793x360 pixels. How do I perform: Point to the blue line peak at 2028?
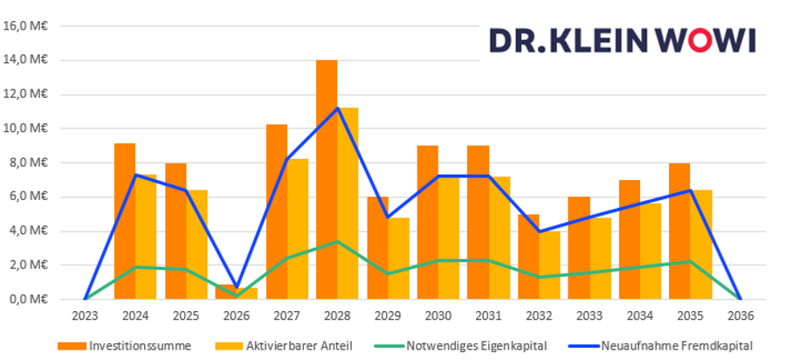(x=337, y=108)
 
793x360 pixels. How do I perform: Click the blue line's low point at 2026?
(x=237, y=287)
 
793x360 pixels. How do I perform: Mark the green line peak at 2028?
(x=337, y=241)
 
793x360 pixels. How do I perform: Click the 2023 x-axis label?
(x=85, y=315)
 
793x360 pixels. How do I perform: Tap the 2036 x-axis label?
(x=741, y=315)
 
